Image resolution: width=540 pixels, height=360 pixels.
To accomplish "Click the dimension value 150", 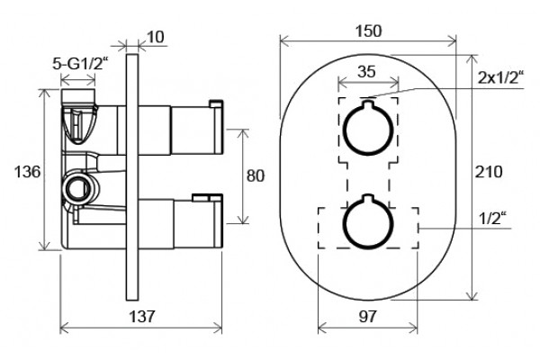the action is (x=368, y=31).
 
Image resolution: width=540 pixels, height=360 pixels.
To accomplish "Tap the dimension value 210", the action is (x=489, y=172).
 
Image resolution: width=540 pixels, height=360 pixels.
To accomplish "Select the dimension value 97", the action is (x=367, y=316).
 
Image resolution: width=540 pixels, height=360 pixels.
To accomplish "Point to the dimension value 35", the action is (x=366, y=72).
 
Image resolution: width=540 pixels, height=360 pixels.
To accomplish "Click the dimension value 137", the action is (x=142, y=316).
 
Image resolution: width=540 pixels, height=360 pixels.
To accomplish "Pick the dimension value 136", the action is (x=27, y=172).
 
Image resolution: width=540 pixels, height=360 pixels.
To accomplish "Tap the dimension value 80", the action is (x=256, y=176).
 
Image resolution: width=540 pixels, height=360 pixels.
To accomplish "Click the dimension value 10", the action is (x=156, y=37).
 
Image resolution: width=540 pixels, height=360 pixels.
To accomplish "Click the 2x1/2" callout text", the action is (x=500, y=78).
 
